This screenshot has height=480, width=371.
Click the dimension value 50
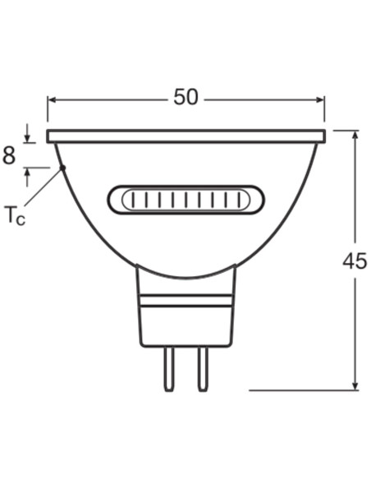pyautogui.click(x=186, y=97)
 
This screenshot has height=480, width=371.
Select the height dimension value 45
pyautogui.click(x=355, y=261)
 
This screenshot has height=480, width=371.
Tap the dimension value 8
pyautogui.click(x=9, y=155)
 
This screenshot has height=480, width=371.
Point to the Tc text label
pyautogui.click(x=15, y=216)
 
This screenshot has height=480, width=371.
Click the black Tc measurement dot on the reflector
pyautogui.click(x=62, y=168)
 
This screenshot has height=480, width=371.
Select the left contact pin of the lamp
pyautogui.click(x=168, y=369)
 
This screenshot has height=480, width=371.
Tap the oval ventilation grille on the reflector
pyautogui.click(x=186, y=201)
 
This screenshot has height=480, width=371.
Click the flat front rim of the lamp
pyautogui.click(x=186, y=136)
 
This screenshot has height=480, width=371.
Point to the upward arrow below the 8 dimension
pyautogui.click(x=28, y=173)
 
